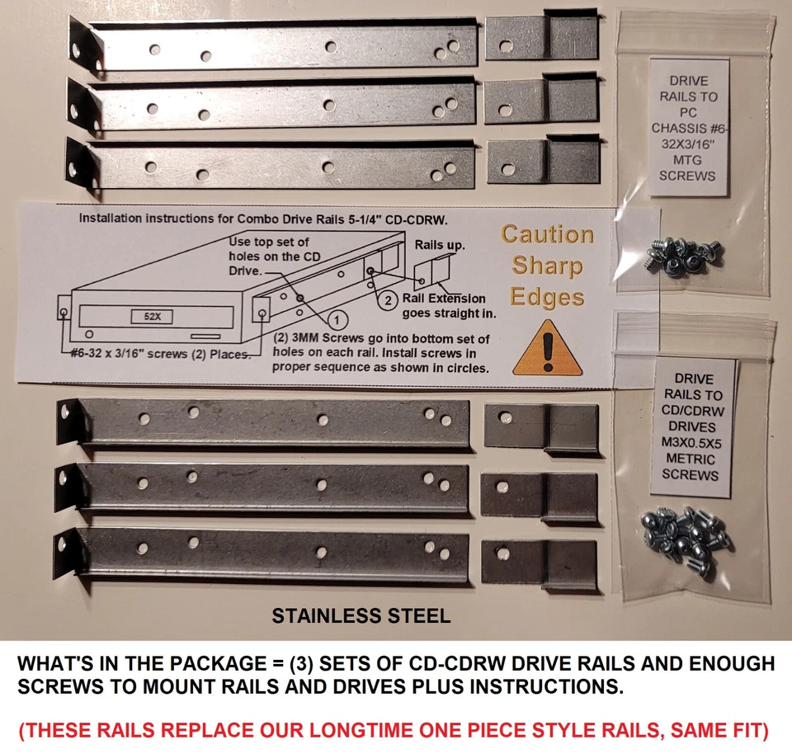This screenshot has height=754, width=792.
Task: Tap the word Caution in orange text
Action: click(x=547, y=234)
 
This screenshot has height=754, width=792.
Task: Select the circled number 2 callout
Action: click(x=389, y=301)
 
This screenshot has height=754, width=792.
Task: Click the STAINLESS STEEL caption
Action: click(x=361, y=615)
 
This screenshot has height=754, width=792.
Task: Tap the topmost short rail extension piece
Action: click(x=541, y=37)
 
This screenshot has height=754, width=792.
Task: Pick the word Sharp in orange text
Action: click(x=546, y=266)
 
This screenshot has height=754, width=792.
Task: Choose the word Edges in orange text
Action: click(x=546, y=296)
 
